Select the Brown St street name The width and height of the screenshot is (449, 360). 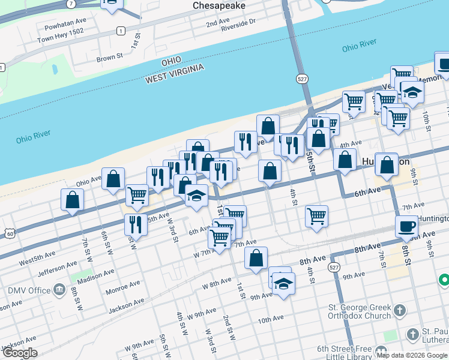coord(110,59)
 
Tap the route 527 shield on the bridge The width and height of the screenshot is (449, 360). coord(302,79)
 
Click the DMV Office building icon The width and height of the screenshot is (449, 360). coord(59,291)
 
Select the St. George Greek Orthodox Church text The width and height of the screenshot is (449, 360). coord(359,312)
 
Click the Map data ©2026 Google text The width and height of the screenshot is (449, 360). coord(412,355)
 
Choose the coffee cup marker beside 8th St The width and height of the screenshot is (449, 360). coord(406,227)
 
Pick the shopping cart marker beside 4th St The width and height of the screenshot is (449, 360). coord(316,216)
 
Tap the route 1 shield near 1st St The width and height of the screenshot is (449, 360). coord(121,31)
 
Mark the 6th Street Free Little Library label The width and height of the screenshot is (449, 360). coord(345,352)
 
